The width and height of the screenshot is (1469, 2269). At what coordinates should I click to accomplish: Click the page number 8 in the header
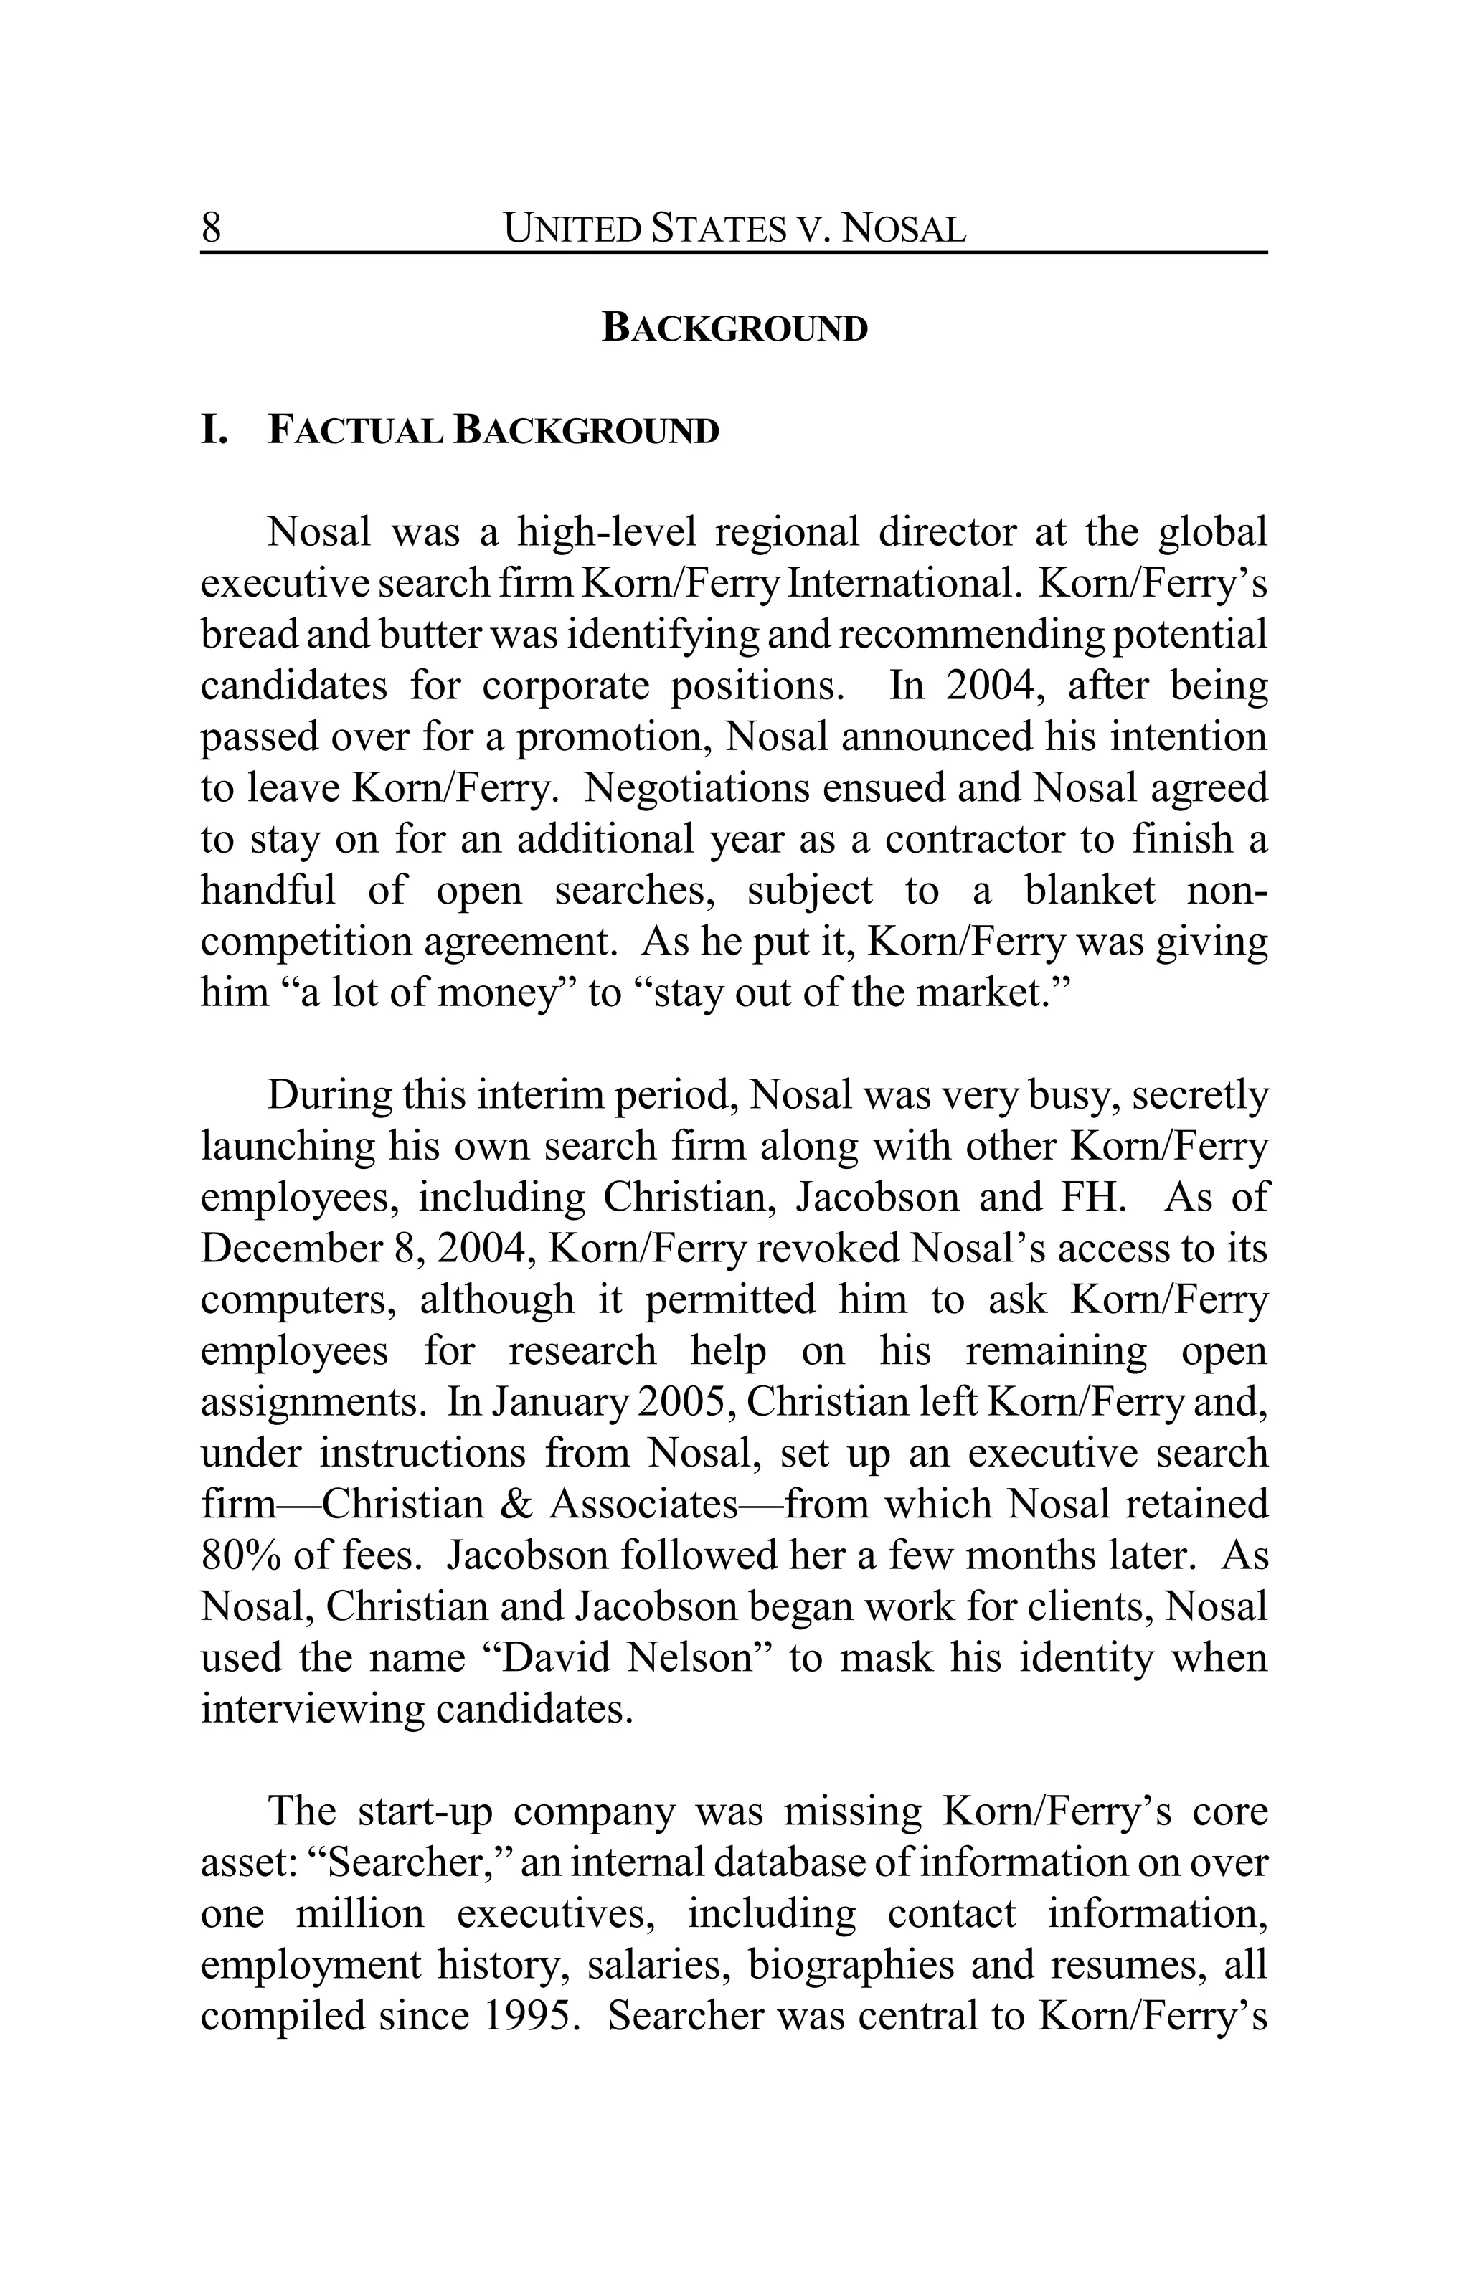[211, 229]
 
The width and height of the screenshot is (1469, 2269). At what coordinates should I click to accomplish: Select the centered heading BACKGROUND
[734, 328]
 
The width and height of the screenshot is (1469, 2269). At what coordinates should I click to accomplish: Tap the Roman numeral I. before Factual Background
[215, 431]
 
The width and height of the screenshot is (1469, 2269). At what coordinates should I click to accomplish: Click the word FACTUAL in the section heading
[354, 431]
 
